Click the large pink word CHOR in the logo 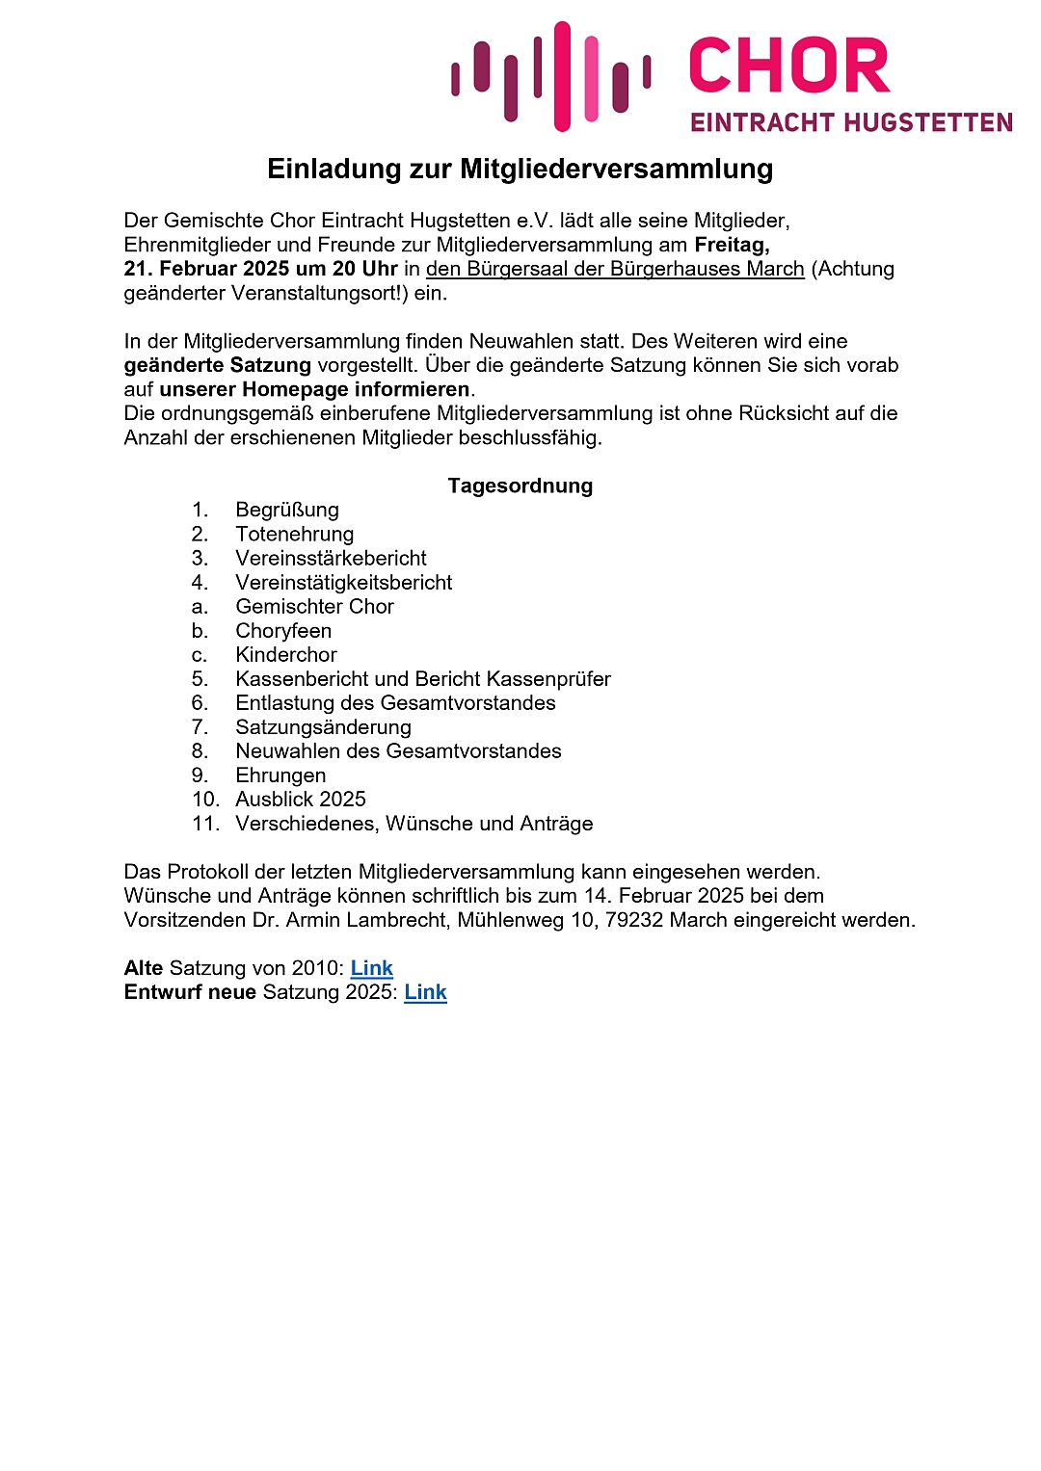point(789,66)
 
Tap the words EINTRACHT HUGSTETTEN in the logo point(851,123)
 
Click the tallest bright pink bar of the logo point(562,76)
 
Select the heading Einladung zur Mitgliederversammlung point(520,170)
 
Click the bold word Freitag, point(732,245)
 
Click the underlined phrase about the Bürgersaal point(615,269)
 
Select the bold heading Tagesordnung point(520,486)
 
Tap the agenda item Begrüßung point(287,510)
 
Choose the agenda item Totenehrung point(294,534)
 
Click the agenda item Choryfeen point(283,631)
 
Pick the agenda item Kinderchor point(286,655)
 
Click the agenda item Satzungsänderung point(323,727)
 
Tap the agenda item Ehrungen point(280,775)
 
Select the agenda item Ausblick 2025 point(301,800)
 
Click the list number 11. point(205,824)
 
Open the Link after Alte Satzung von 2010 point(372,968)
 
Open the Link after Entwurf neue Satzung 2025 point(425,992)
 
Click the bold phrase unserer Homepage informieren point(314,389)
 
